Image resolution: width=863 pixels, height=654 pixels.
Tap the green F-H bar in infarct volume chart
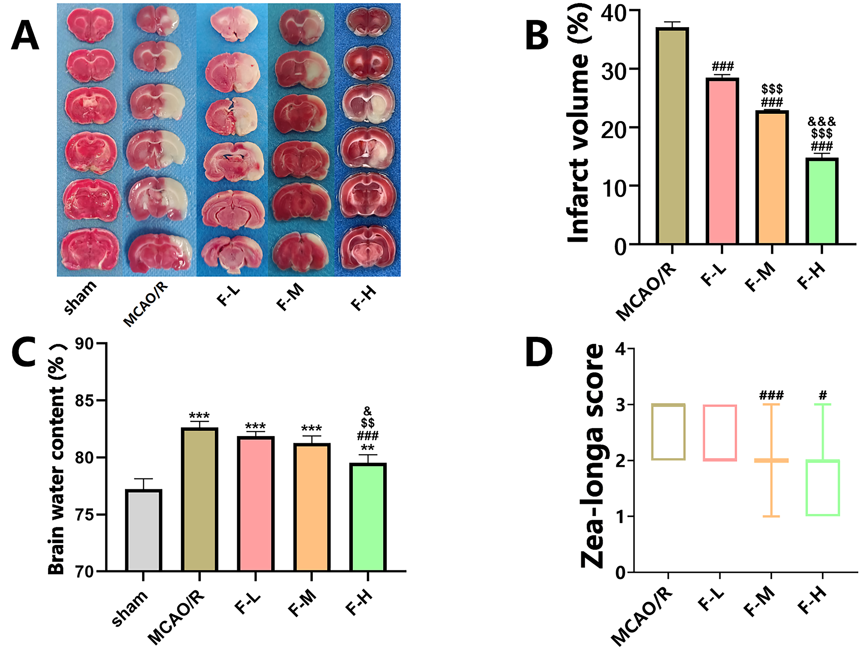pos(822,201)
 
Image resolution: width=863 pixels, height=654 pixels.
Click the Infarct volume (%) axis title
pos(578,127)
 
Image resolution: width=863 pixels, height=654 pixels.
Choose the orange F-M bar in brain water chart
pos(312,507)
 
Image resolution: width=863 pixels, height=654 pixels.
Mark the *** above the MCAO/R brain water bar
pos(199,416)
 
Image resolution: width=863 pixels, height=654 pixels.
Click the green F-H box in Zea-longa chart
pos(823,487)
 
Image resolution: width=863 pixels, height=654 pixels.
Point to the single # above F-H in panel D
pos(823,395)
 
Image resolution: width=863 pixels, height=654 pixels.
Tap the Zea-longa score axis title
pos(592,456)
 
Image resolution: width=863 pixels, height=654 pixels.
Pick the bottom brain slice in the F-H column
pos(368,247)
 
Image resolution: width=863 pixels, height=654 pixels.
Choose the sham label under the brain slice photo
pos(80,297)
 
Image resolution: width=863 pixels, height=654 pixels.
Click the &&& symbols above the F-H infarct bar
pos(822,121)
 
